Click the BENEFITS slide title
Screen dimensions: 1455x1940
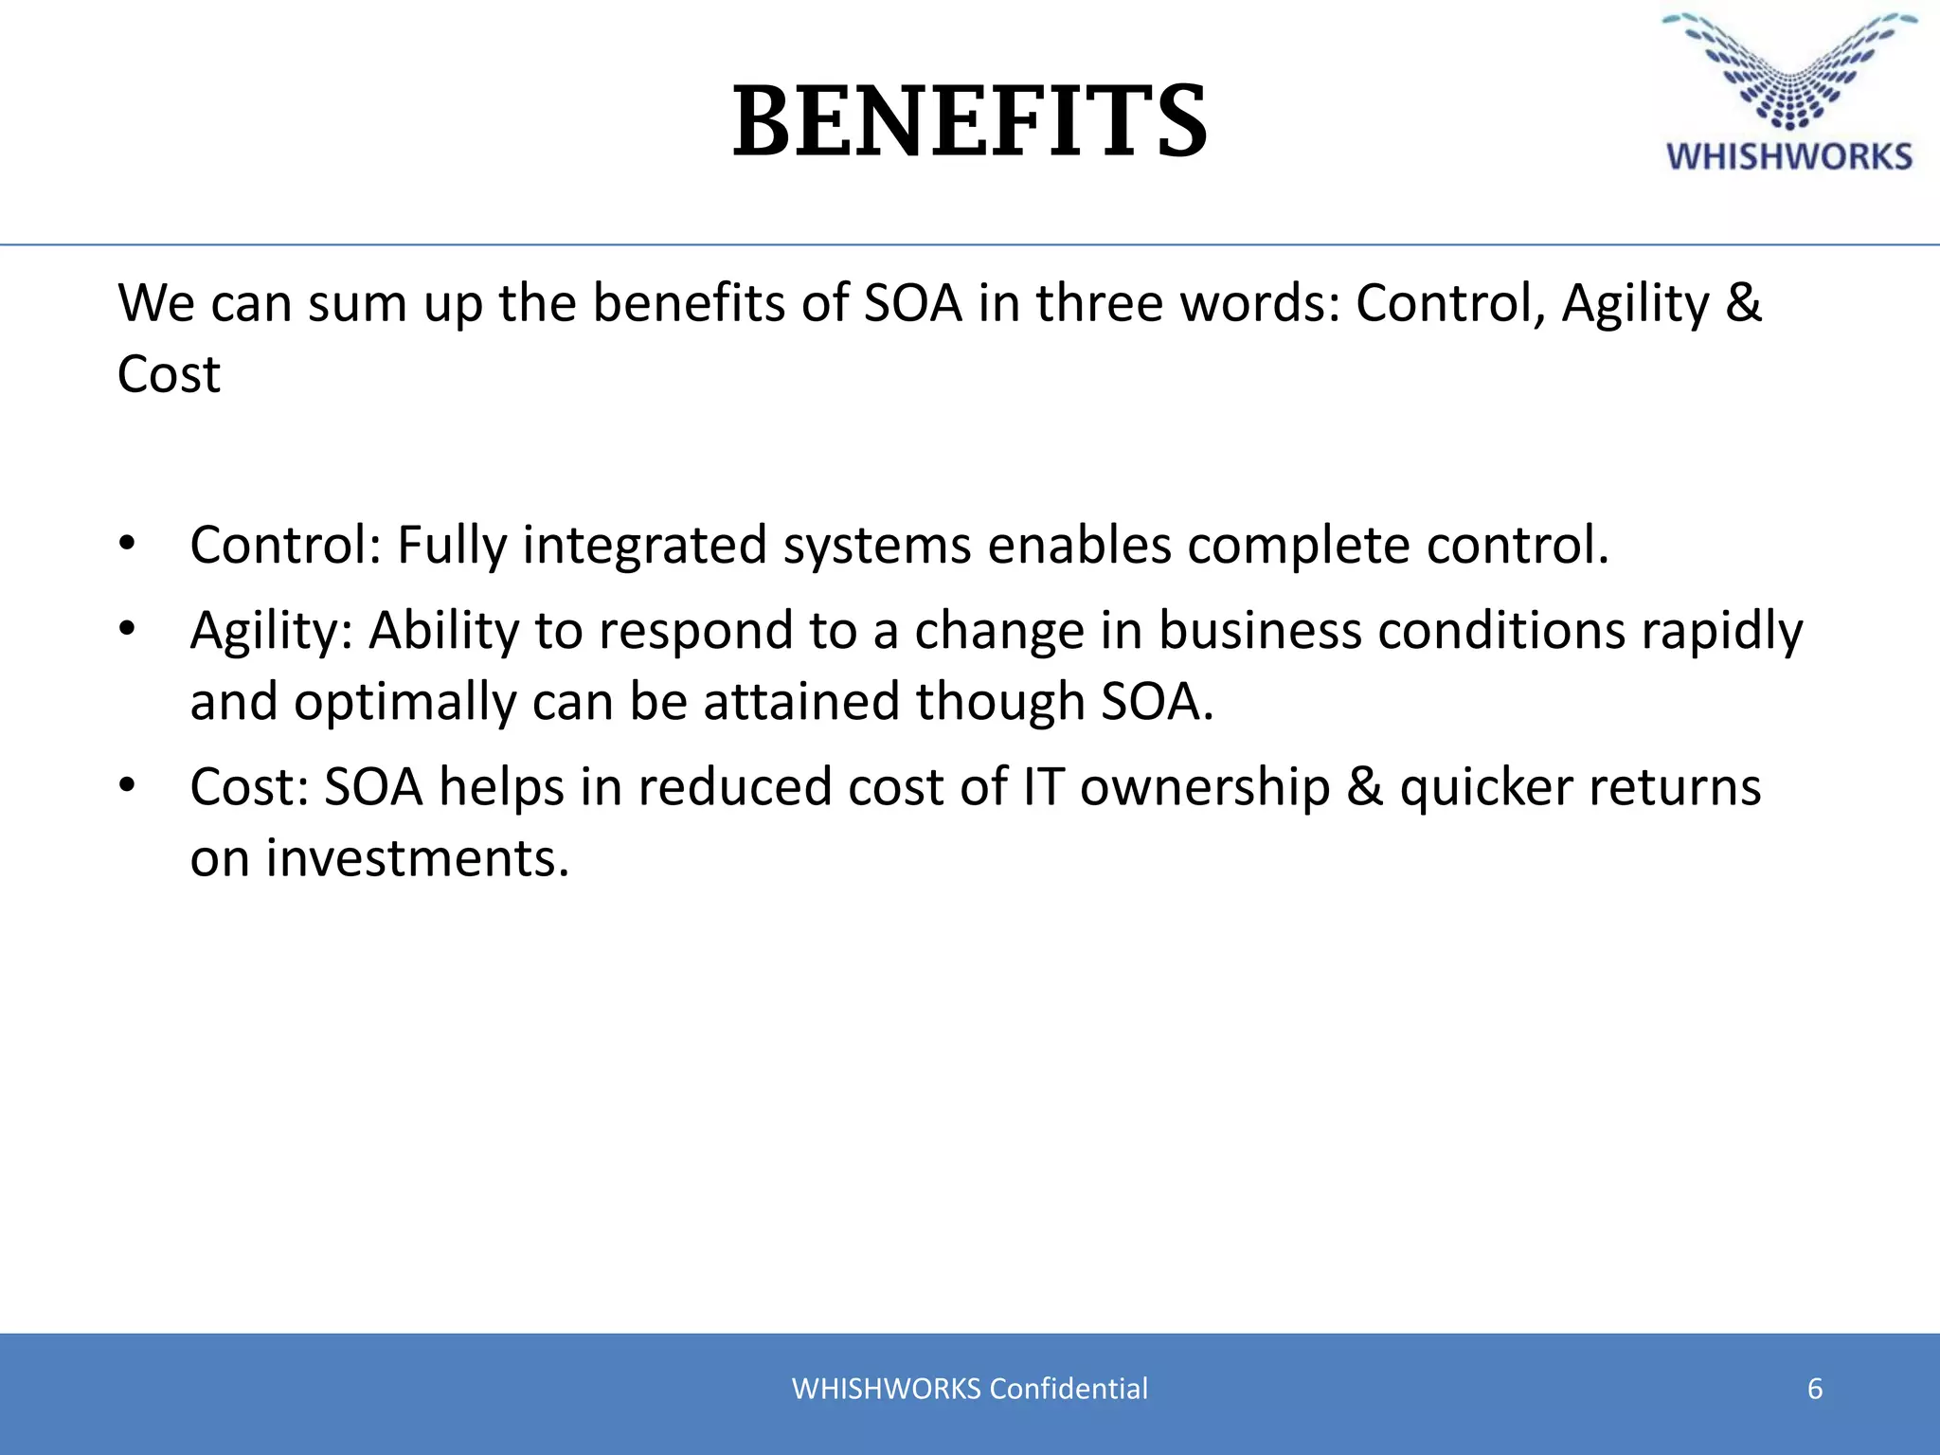pos(970,121)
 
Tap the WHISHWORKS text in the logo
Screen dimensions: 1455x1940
pos(1789,157)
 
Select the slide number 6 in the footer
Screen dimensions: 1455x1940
pos(1815,1389)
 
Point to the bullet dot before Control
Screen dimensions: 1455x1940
pos(128,545)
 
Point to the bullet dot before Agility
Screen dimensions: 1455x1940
pos(128,629)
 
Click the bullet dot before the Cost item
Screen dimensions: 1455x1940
pos(128,785)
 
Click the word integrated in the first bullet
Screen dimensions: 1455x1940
pos(644,546)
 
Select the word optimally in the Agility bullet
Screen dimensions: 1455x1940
pos(404,702)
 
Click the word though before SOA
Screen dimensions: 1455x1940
pos(999,702)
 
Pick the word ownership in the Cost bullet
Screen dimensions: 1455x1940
pos(1205,787)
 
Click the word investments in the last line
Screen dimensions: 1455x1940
pos(418,858)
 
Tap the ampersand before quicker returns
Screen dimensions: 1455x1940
pos(1364,787)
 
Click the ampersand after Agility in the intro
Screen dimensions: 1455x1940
pos(1743,303)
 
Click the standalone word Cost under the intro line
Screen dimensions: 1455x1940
pos(169,374)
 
